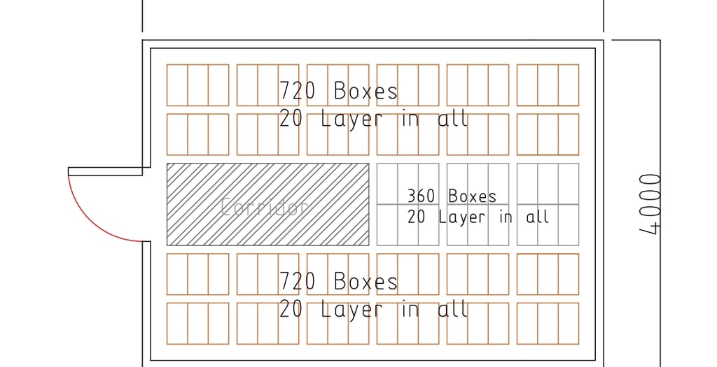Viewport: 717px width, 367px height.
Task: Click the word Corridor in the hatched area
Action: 265,207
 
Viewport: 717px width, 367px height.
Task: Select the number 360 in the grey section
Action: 421,196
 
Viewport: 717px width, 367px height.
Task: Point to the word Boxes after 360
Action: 472,196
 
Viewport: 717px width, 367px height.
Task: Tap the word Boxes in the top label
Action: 366,91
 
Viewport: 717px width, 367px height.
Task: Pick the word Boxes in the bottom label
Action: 366,282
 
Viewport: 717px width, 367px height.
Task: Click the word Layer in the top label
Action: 352,119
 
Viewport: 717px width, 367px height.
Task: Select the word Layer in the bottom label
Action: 352,309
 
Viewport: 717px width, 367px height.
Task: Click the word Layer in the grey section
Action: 461,217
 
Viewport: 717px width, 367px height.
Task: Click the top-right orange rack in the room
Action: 548,85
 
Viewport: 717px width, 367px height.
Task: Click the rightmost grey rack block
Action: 548,204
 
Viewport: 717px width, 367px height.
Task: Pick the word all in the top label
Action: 452,119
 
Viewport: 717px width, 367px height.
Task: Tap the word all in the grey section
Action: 537,217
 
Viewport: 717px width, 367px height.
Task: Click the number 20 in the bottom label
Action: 291,309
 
